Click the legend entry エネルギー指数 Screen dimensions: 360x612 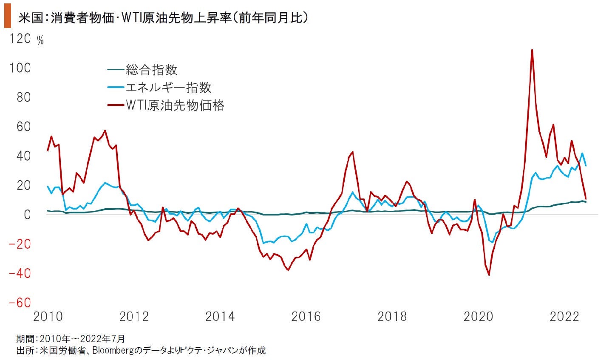pos(168,88)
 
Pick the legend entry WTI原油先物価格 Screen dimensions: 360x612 pos(175,105)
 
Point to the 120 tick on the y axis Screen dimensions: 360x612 pos(20,39)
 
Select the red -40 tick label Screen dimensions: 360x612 pos(20,273)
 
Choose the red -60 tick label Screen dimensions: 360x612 pos(20,303)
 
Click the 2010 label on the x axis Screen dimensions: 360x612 pos(48,317)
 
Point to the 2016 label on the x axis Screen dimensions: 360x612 pos(306,317)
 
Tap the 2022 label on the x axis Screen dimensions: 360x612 pos(564,317)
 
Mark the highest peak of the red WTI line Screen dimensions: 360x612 pos(532,50)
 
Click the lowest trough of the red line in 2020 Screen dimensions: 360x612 pos(489,275)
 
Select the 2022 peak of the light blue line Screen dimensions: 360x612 pos(582,153)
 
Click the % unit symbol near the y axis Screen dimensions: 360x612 pos(40,41)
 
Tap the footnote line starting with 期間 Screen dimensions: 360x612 pos(71,339)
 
